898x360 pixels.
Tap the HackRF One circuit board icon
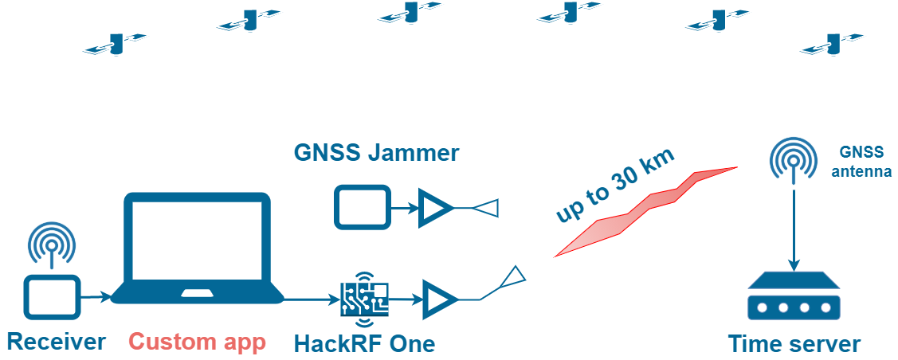364,299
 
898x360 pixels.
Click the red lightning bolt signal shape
645,211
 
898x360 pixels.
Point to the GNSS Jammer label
376,152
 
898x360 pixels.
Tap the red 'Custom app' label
197,342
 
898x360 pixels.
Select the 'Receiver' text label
56,342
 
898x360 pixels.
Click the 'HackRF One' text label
364,343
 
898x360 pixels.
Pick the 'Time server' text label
794,344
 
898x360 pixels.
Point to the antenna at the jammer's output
484,209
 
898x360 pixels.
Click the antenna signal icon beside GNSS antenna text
794,159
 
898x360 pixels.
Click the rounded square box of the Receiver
52,298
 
